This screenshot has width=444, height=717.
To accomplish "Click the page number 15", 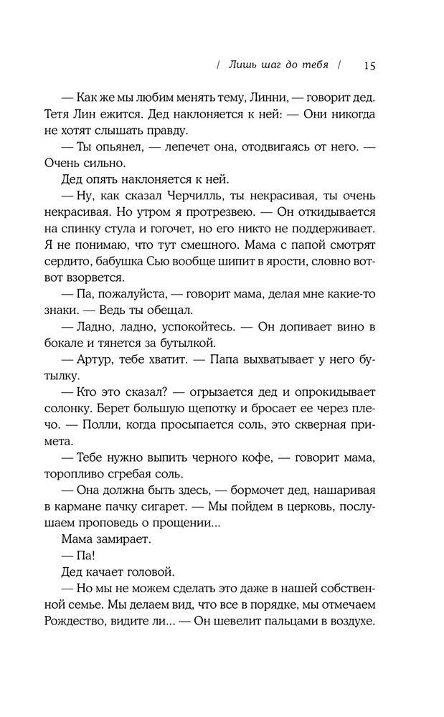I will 369,65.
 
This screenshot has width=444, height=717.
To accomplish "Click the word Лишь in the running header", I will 242,65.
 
